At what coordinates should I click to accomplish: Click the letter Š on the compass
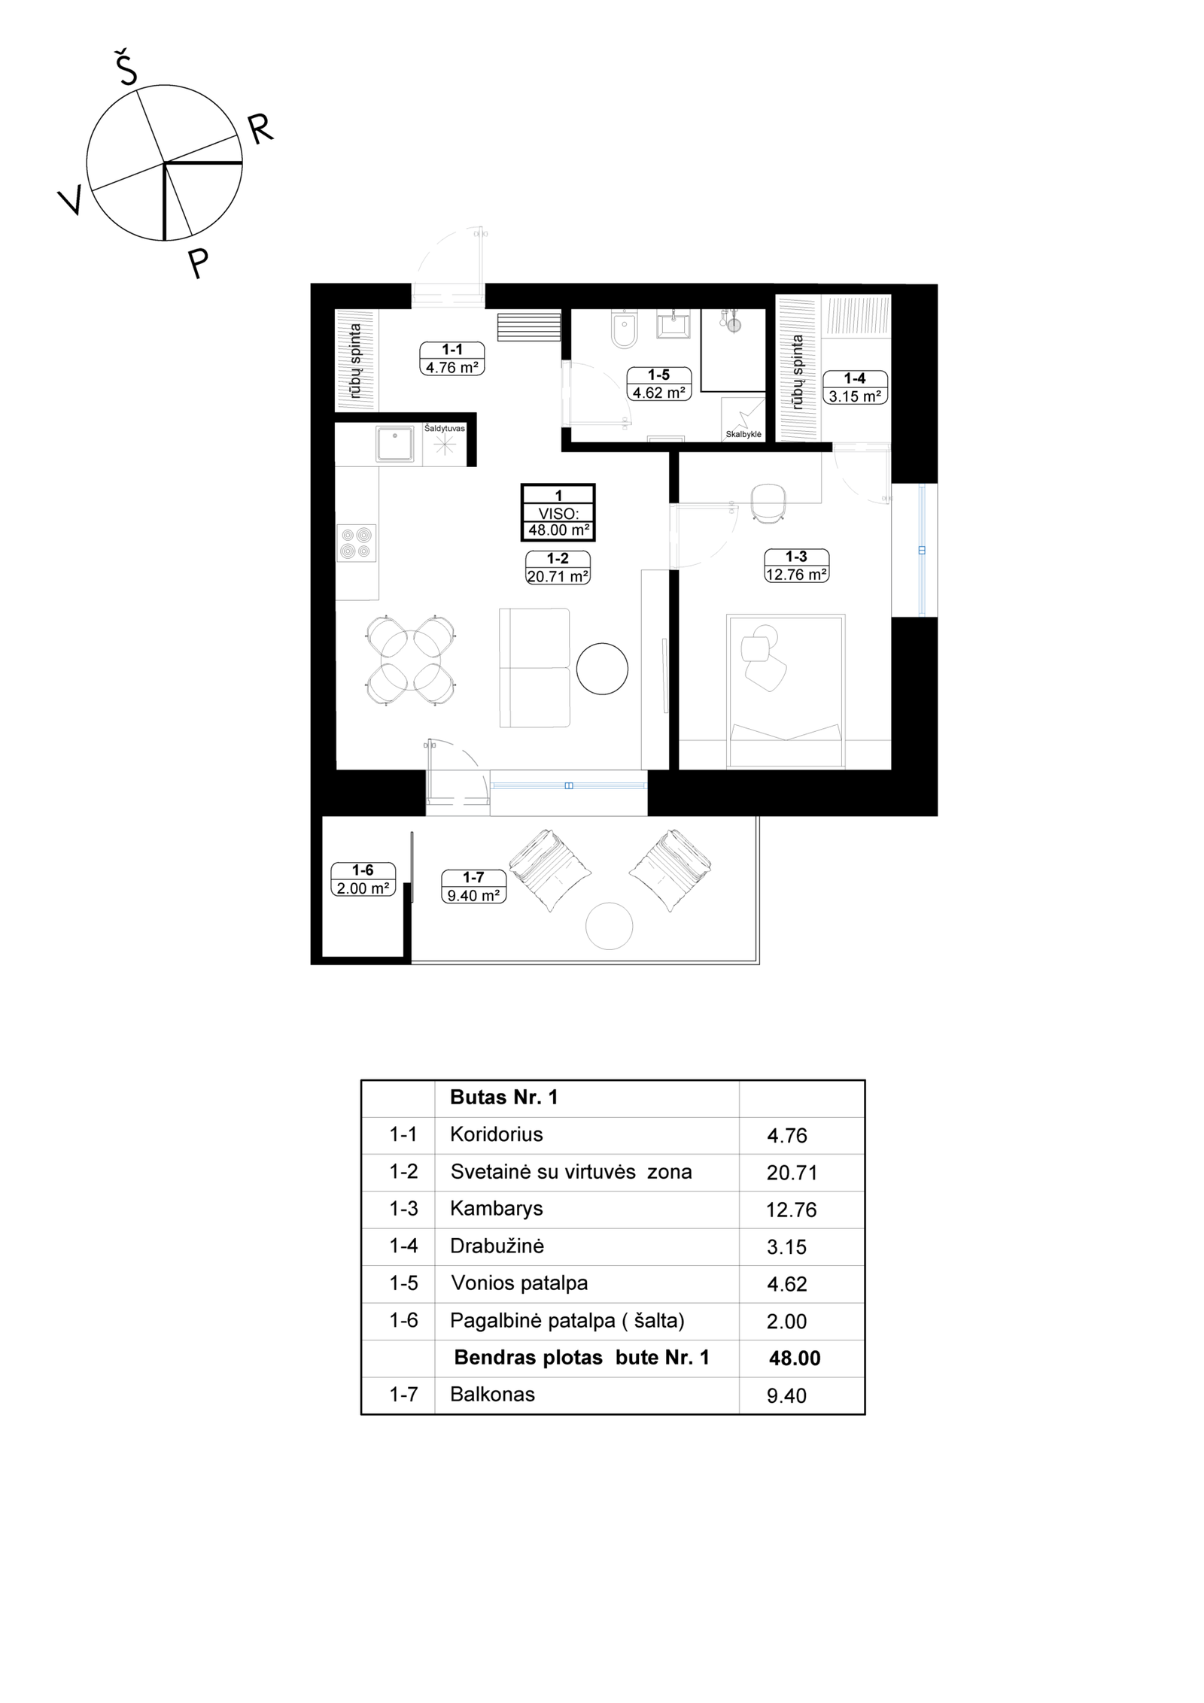pyautogui.click(x=126, y=68)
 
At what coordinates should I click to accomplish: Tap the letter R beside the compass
pyautogui.click(x=260, y=129)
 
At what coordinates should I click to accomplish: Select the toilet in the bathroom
pyautogui.click(x=624, y=329)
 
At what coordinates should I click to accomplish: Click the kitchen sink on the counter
pyautogui.click(x=394, y=444)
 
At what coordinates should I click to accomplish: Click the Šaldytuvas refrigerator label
pyautogui.click(x=444, y=428)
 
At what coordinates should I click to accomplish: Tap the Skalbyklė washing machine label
pyautogui.click(x=743, y=434)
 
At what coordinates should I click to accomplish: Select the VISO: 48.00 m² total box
pyautogui.click(x=558, y=512)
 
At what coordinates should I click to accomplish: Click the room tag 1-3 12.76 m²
pyautogui.click(x=796, y=566)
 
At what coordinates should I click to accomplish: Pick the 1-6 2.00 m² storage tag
pyautogui.click(x=363, y=879)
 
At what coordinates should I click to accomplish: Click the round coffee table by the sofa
pyautogui.click(x=602, y=668)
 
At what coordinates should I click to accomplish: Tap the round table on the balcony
pyautogui.click(x=609, y=925)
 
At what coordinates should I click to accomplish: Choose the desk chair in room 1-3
pyautogui.click(x=768, y=502)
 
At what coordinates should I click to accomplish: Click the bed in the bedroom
pyautogui.click(x=786, y=691)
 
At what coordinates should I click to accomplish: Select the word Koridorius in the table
pyautogui.click(x=496, y=1134)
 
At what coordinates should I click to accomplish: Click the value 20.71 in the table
pyautogui.click(x=792, y=1172)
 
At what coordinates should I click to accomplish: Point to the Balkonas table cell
pyautogui.click(x=492, y=1394)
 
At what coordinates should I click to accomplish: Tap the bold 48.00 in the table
pyautogui.click(x=795, y=1358)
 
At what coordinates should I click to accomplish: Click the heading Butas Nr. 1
pyautogui.click(x=503, y=1097)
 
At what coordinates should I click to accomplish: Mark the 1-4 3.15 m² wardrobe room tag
pyautogui.click(x=855, y=387)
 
